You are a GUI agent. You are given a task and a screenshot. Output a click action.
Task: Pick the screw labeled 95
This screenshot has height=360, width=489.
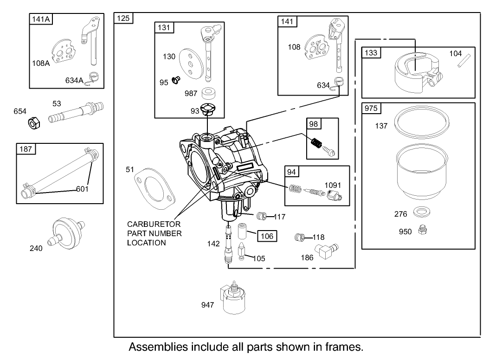pyautogui.click(x=176, y=80)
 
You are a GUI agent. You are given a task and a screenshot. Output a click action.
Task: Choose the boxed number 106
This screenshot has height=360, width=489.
pyautogui.click(x=266, y=236)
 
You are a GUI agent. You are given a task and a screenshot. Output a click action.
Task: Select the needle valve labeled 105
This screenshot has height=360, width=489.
pyautogui.click(x=242, y=252)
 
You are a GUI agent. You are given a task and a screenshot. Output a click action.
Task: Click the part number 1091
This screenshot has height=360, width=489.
pyautogui.click(x=333, y=185)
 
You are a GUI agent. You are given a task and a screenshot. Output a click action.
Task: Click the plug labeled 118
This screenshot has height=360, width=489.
pyautogui.click(x=301, y=238)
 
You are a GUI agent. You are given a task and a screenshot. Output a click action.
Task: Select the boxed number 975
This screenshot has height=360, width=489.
pyautogui.click(x=371, y=108)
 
